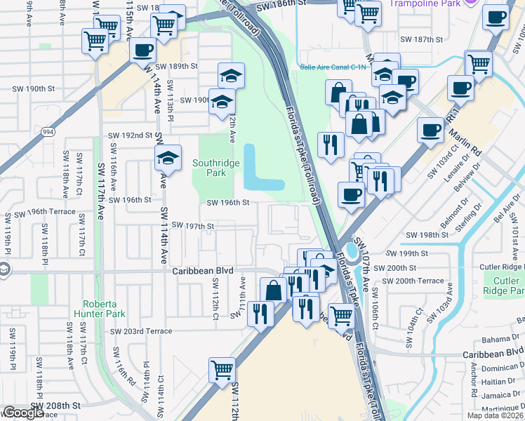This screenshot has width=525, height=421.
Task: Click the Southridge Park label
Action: (216, 168)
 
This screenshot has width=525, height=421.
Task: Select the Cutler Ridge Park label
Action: (502, 286)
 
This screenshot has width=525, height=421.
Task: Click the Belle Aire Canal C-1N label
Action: (333, 67)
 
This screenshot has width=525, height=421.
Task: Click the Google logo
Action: (22, 413)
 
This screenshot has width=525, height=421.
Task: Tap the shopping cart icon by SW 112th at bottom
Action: (222, 368)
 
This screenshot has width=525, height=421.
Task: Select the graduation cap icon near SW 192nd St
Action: (168, 159)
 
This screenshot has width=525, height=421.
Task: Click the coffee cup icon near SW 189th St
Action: (143, 51)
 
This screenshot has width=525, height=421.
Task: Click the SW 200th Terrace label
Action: (410, 281)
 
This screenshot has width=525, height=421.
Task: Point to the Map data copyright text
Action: (495, 415)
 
